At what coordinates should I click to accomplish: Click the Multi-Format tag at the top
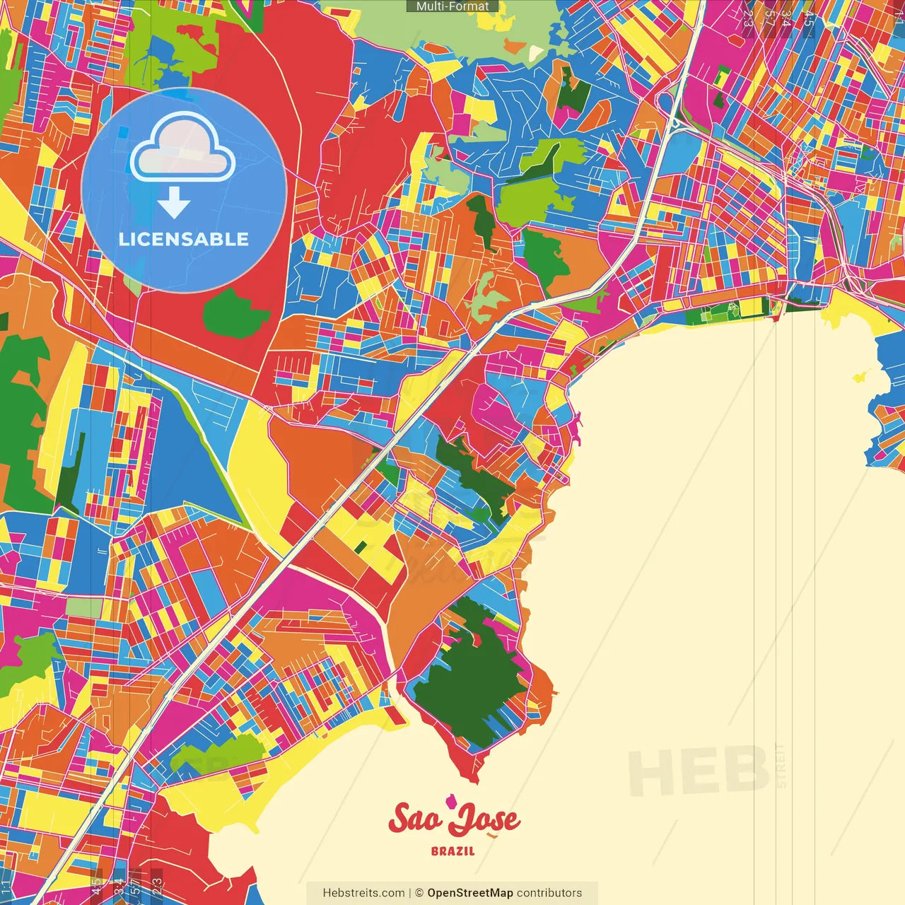(452, 6)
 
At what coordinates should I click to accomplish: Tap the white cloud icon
(183, 149)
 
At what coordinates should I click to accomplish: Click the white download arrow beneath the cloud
(174, 204)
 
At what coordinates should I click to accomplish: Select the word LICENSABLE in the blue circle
(184, 239)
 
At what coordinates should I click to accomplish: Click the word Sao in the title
(416, 819)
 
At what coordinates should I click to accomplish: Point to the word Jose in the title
(485, 820)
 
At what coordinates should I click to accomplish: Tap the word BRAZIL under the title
(453, 851)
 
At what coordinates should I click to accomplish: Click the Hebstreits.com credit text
(363, 893)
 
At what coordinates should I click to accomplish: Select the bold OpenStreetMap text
(470, 893)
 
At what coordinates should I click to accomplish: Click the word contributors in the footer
(549, 893)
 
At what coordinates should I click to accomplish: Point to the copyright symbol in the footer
(419, 893)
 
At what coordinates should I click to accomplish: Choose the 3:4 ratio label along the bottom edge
(119, 885)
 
